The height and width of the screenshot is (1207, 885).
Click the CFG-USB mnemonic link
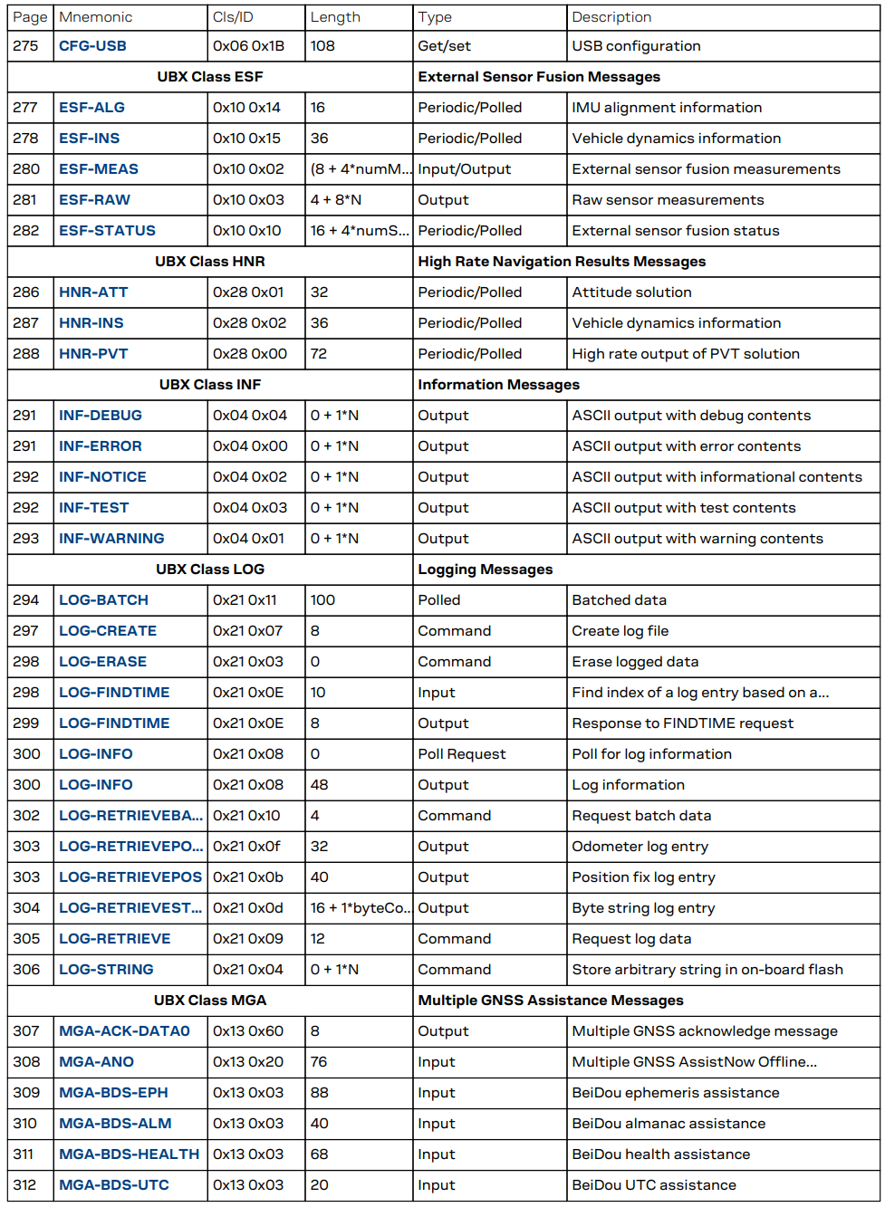[92, 46]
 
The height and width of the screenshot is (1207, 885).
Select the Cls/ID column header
[235, 17]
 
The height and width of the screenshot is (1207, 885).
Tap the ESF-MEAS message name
[99, 169]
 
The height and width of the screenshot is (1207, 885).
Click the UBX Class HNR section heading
[209, 262]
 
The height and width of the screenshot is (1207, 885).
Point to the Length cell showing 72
[319, 354]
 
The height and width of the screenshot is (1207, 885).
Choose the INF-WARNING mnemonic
[111, 539]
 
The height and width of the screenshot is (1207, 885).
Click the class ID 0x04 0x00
[249, 446]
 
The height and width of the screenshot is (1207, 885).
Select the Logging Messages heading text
[485, 570]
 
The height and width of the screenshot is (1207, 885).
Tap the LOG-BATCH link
[103, 600]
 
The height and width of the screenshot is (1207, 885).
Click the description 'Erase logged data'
[635, 662]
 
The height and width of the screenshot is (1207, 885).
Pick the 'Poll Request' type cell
[461, 754]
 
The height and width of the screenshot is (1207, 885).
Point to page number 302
[26, 816]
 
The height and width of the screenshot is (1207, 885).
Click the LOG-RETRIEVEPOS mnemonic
[130, 877]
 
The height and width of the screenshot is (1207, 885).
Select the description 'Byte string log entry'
[643, 908]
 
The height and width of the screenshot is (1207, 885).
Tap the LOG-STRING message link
[106, 970]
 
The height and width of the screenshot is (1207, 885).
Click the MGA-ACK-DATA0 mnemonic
[124, 1031]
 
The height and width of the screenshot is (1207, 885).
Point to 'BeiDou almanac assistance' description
[669, 1124]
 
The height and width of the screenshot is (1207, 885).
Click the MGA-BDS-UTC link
[113, 1185]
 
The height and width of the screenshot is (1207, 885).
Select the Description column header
[611, 17]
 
